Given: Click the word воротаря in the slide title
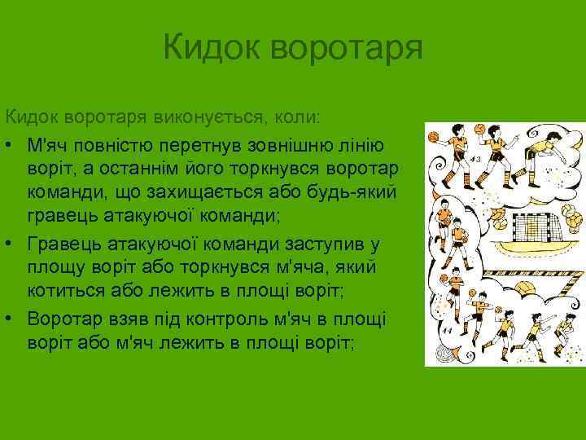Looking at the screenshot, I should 346,47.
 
